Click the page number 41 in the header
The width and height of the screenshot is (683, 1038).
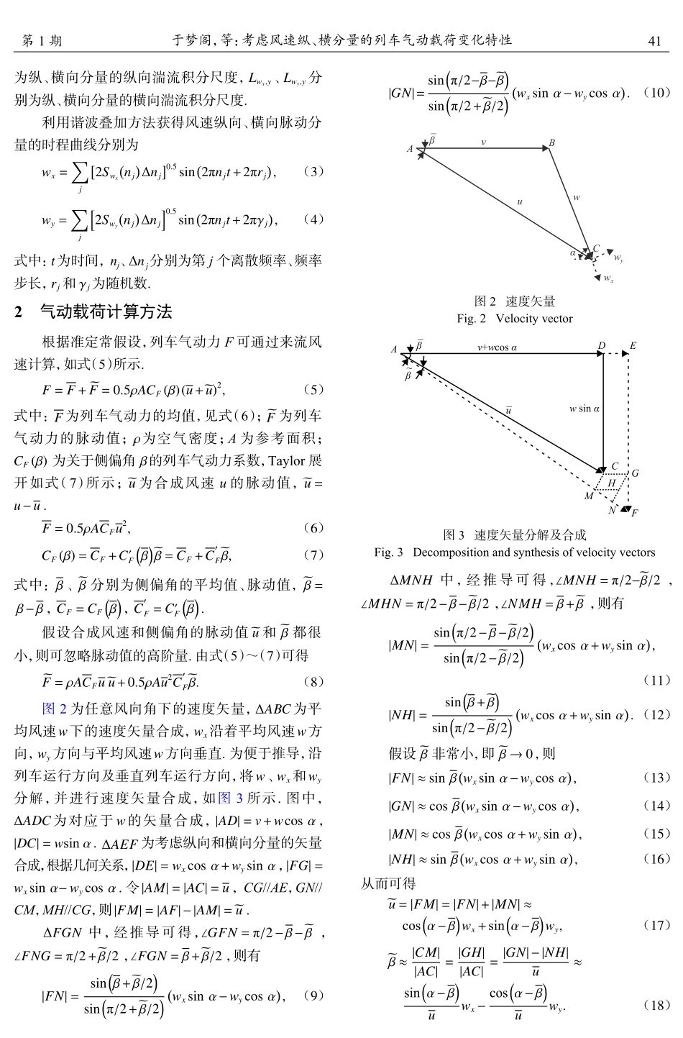(654, 41)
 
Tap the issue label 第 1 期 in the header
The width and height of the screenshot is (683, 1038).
(42, 41)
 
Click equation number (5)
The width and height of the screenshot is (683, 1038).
(313, 389)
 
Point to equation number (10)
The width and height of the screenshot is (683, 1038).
(656, 93)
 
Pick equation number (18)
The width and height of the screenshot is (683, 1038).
(656, 1005)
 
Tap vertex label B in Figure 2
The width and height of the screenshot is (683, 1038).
(552, 143)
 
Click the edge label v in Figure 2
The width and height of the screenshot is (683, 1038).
(483, 142)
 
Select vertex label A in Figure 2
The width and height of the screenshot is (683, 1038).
(410, 149)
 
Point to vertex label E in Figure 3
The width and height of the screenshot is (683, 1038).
(633, 346)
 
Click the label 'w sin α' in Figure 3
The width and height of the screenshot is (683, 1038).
(584, 409)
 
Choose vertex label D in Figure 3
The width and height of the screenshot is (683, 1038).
(602, 346)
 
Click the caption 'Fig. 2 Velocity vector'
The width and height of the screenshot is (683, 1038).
(515, 318)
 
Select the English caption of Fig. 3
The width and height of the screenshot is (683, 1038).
(515, 552)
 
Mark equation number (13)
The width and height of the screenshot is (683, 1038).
(656, 778)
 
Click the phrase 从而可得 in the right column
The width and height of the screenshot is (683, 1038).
(388, 883)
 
